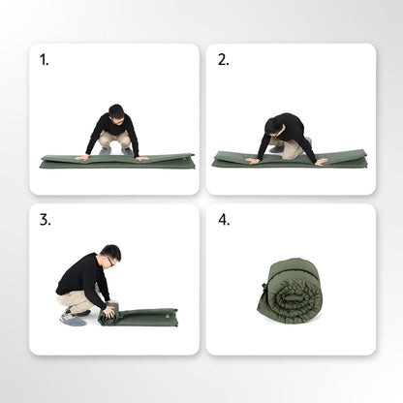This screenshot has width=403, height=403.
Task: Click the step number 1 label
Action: (x=44, y=60)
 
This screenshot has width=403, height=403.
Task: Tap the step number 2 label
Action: (x=224, y=60)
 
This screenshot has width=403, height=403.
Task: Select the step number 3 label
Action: (x=45, y=220)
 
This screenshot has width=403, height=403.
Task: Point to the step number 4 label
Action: (x=224, y=220)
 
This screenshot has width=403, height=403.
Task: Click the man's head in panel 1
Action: (x=116, y=111)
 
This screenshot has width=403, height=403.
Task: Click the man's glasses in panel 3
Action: (x=112, y=259)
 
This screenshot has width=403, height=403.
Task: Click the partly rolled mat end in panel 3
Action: (x=108, y=313)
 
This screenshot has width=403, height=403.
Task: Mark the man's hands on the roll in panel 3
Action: (x=107, y=308)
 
